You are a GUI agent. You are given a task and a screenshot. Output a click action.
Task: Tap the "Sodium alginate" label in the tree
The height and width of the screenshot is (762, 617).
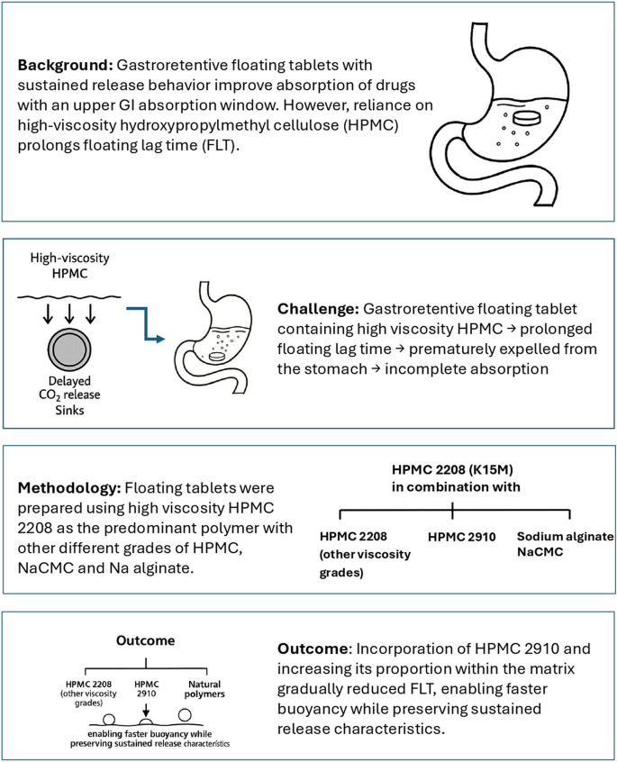(x=566, y=537)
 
